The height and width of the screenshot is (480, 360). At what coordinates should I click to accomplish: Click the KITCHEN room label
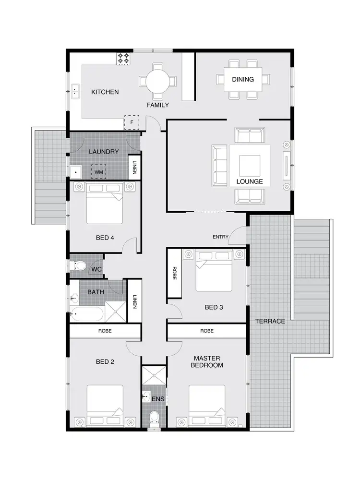(105, 92)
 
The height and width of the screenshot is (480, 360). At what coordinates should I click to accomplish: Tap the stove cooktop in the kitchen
(123, 59)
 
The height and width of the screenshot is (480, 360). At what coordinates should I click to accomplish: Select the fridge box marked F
(132, 122)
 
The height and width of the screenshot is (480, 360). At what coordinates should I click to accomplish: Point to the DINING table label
(242, 79)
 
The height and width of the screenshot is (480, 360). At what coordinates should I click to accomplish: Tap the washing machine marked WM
(99, 171)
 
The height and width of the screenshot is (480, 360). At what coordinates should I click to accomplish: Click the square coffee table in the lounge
(250, 166)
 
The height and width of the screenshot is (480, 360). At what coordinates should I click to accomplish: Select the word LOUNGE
(250, 182)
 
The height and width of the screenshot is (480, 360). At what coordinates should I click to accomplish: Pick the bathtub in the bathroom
(87, 315)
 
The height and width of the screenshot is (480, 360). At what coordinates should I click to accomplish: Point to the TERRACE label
(270, 321)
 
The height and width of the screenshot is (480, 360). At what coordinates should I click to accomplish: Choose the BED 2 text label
(105, 362)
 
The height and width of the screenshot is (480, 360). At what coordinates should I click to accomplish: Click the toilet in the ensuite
(154, 419)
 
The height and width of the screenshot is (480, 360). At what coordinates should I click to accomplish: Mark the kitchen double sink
(75, 92)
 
